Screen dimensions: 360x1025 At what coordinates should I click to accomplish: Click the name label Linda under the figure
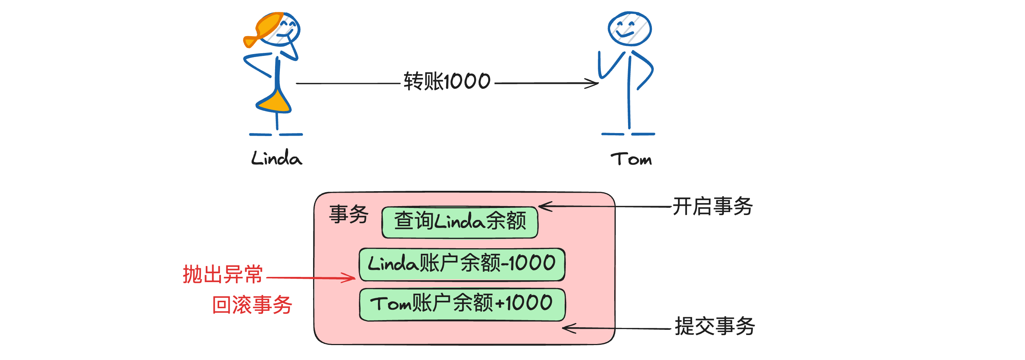point(277,158)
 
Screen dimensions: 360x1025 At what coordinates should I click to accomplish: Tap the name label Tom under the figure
point(631,159)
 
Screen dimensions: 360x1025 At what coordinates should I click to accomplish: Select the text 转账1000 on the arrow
point(447,82)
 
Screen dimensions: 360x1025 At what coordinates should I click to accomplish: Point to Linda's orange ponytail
point(252,40)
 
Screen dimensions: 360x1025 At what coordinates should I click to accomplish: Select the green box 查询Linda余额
point(460,222)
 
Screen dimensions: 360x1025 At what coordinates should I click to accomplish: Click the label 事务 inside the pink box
point(348,214)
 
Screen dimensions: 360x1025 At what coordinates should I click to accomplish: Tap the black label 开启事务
point(712,206)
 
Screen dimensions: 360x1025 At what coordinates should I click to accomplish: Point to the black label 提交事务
point(714,326)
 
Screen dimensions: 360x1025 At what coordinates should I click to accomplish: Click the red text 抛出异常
point(223,275)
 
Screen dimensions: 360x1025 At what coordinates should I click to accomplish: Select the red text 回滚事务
point(252,305)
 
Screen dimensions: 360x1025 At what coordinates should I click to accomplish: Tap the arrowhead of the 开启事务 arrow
point(543,206)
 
